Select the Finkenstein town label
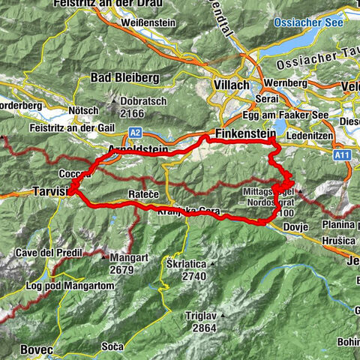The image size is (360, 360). click(242, 133)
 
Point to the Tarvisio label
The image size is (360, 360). click(50, 193)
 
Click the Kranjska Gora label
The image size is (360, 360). click(188, 213)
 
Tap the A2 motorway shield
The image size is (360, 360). click(135, 131)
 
